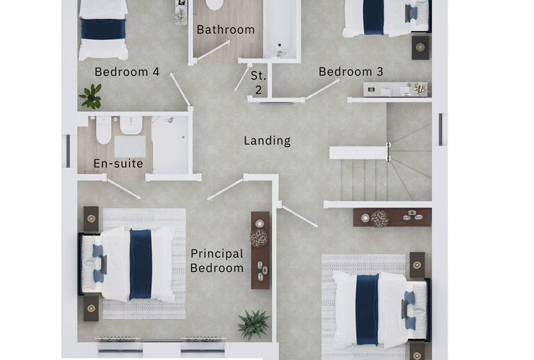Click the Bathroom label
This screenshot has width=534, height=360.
(x=226, y=30)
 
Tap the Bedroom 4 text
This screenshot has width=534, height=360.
(x=127, y=72)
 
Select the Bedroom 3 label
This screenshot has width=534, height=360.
(x=351, y=72)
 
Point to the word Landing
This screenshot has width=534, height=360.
(x=267, y=141)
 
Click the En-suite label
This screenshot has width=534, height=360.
(x=118, y=164)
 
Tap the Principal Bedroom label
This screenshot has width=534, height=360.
(x=217, y=261)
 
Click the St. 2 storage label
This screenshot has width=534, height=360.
(x=259, y=82)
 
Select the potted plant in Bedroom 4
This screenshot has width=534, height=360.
(x=91, y=96)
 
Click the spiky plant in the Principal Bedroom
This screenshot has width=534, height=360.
(x=254, y=325)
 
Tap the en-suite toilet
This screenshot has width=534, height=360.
(x=103, y=130)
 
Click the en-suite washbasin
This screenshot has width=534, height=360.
(x=131, y=124)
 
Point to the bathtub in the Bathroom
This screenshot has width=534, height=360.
(x=280, y=29)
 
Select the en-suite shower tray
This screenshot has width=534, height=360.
(x=170, y=145)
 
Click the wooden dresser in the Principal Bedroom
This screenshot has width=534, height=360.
(x=261, y=250)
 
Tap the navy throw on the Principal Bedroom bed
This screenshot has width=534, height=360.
(x=141, y=264)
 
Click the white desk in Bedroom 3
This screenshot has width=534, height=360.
(x=395, y=89)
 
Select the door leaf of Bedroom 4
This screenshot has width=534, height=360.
(x=180, y=90)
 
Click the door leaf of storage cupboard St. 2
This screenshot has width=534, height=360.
(x=242, y=78)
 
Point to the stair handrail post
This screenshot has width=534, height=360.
(x=389, y=152)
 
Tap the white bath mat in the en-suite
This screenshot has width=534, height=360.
(x=130, y=146)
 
